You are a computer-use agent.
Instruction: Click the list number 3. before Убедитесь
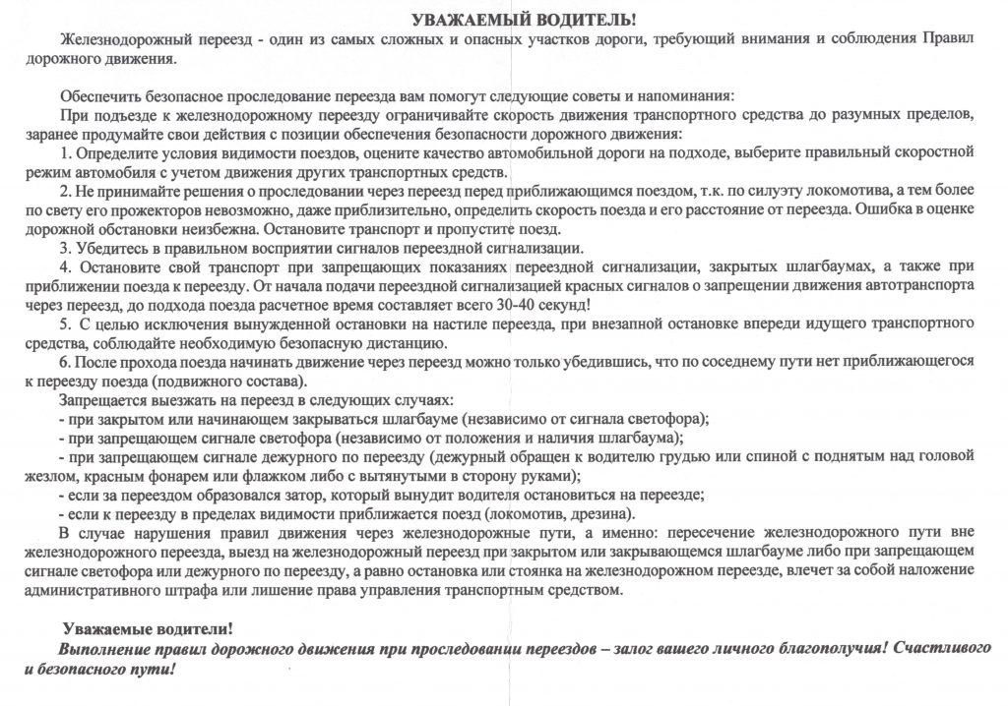[x=67, y=247]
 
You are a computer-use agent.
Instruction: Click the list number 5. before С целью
[x=66, y=324]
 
